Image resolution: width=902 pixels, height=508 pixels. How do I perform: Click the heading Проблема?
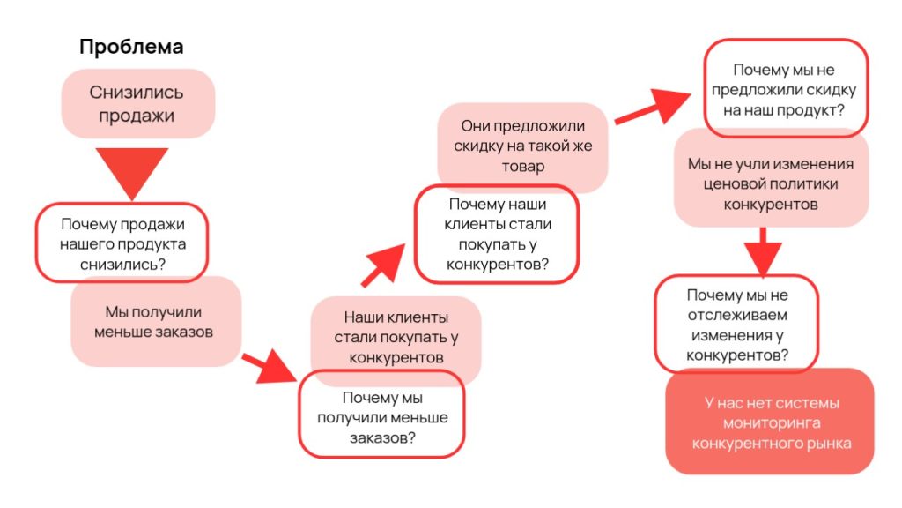point(131,47)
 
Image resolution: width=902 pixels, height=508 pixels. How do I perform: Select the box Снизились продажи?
point(137,103)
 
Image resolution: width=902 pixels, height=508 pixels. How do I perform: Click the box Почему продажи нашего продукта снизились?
point(122,243)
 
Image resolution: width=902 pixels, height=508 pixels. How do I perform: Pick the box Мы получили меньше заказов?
point(154,322)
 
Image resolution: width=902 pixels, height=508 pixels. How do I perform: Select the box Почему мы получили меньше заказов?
point(381,414)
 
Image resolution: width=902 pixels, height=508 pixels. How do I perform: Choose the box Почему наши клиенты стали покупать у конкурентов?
point(498,234)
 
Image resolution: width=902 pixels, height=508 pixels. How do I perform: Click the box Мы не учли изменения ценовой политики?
point(771,183)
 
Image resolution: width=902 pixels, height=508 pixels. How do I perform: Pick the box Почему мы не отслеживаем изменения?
point(736,325)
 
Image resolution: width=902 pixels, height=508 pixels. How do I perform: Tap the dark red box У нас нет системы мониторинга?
point(771,422)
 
